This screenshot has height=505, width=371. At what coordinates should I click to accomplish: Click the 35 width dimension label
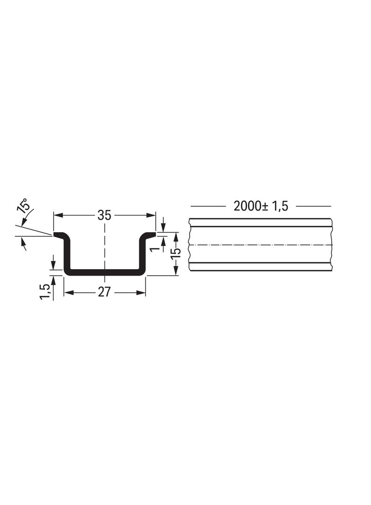pos(105,215)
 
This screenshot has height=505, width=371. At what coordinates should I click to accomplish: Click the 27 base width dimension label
pos(104,292)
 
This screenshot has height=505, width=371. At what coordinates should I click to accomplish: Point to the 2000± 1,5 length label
pos(261,206)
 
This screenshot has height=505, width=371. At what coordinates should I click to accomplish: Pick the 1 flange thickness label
pos(156,248)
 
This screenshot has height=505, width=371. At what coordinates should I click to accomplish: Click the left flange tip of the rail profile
pos(54,234)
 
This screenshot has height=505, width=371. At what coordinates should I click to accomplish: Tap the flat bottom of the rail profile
pos(105,272)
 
